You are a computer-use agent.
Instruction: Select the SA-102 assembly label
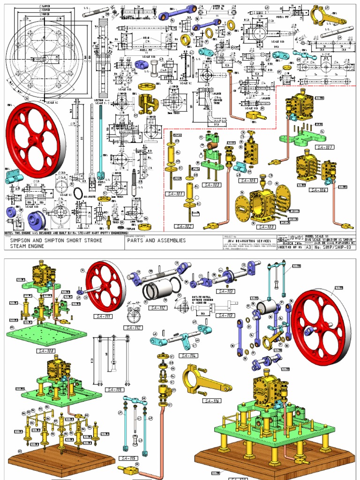pyautogui.click(x=185, y=226)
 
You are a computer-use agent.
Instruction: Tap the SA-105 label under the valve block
pyautogui.click(x=248, y=180)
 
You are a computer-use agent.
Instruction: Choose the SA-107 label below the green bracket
pyautogui.click(x=324, y=147)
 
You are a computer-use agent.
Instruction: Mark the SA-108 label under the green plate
pyautogui.click(x=45, y=350)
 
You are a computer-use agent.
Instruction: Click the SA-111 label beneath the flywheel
pyautogui.click(x=102, y=316)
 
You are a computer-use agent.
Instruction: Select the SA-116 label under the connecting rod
pyautogui.click(x=212, y=401)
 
